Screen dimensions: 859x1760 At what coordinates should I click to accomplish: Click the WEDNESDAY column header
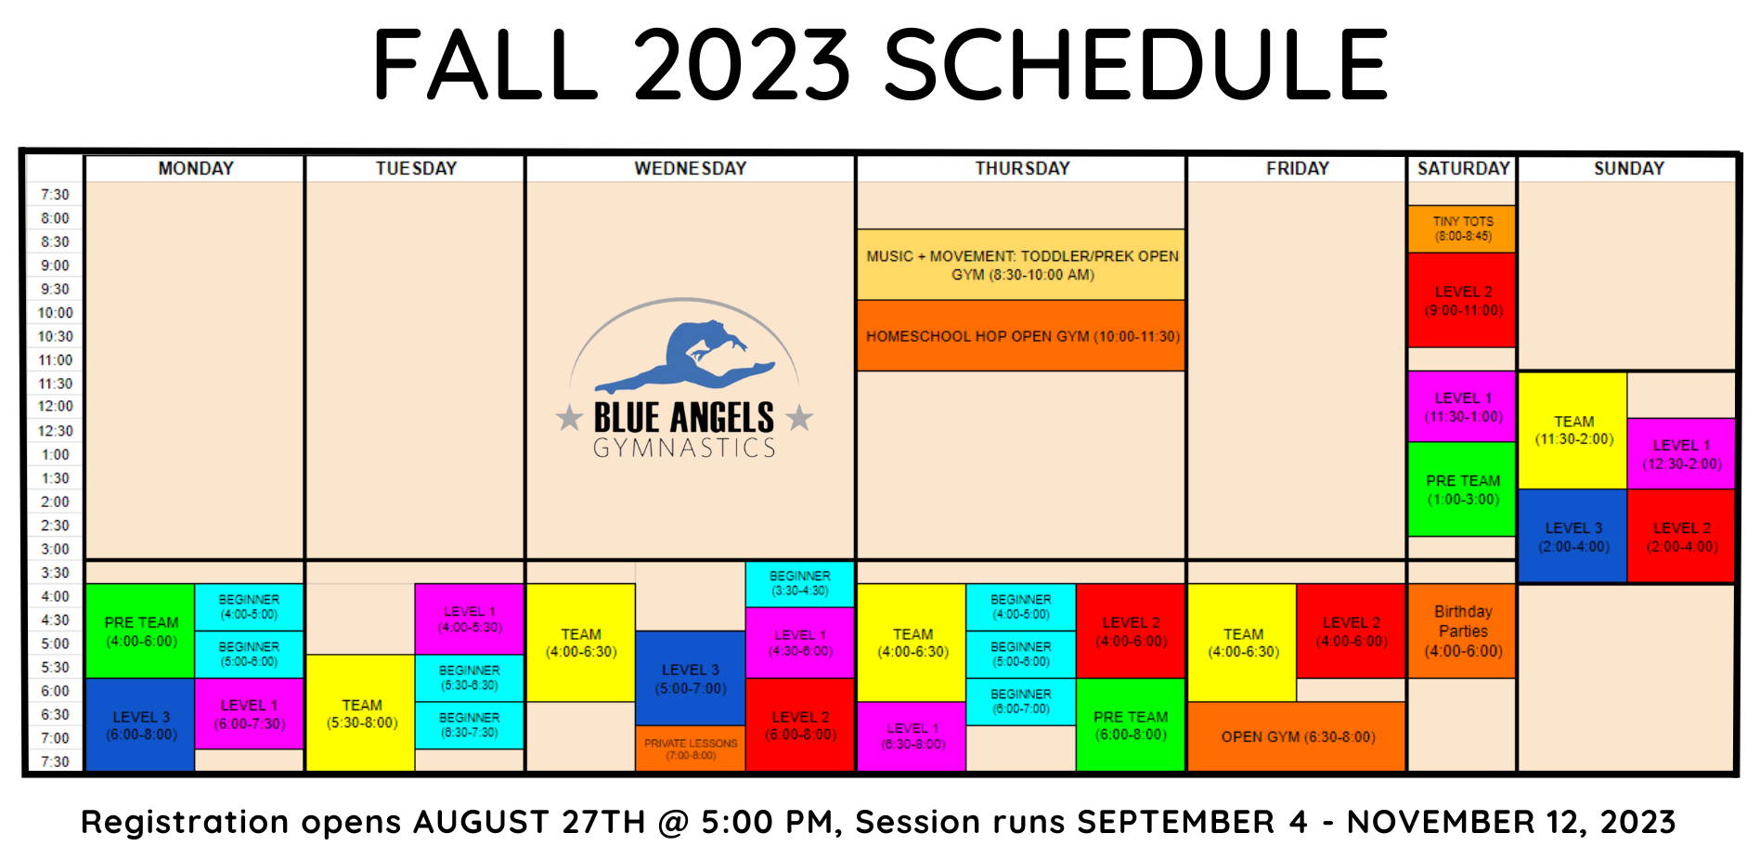(690, 168)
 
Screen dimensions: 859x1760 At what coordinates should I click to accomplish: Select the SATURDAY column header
(1462, 168)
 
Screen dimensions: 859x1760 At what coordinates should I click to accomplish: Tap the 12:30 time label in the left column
(55, 431)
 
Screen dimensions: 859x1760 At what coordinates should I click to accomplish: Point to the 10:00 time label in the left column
(55, 313)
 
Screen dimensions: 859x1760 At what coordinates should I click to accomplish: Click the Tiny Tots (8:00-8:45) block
(1462, 228)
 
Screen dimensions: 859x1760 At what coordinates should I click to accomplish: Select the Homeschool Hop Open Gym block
(1021, 336)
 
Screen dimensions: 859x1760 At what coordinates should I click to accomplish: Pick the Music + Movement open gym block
(1021, 265)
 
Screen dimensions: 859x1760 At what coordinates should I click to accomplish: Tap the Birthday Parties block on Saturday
(1462, 631)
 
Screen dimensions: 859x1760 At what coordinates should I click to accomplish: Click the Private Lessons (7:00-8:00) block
(690, 748)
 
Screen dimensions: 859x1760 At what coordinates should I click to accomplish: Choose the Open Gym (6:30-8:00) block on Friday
(1297, 737)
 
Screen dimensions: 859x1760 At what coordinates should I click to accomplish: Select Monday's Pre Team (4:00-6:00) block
(140, 631)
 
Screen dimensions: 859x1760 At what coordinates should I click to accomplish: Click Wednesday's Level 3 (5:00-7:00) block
(690, 679)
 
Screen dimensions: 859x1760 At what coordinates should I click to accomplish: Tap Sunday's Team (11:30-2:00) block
(1572, 430)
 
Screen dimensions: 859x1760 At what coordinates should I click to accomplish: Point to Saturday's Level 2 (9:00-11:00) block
(1462, 301)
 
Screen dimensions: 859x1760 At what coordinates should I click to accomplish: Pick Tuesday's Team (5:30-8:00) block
(361, 713)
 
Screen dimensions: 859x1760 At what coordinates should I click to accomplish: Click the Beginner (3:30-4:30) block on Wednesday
(799, 583)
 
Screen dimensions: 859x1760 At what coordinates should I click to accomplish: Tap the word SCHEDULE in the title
(1135, 65)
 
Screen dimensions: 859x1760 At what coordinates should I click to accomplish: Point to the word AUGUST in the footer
(481, 822)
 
